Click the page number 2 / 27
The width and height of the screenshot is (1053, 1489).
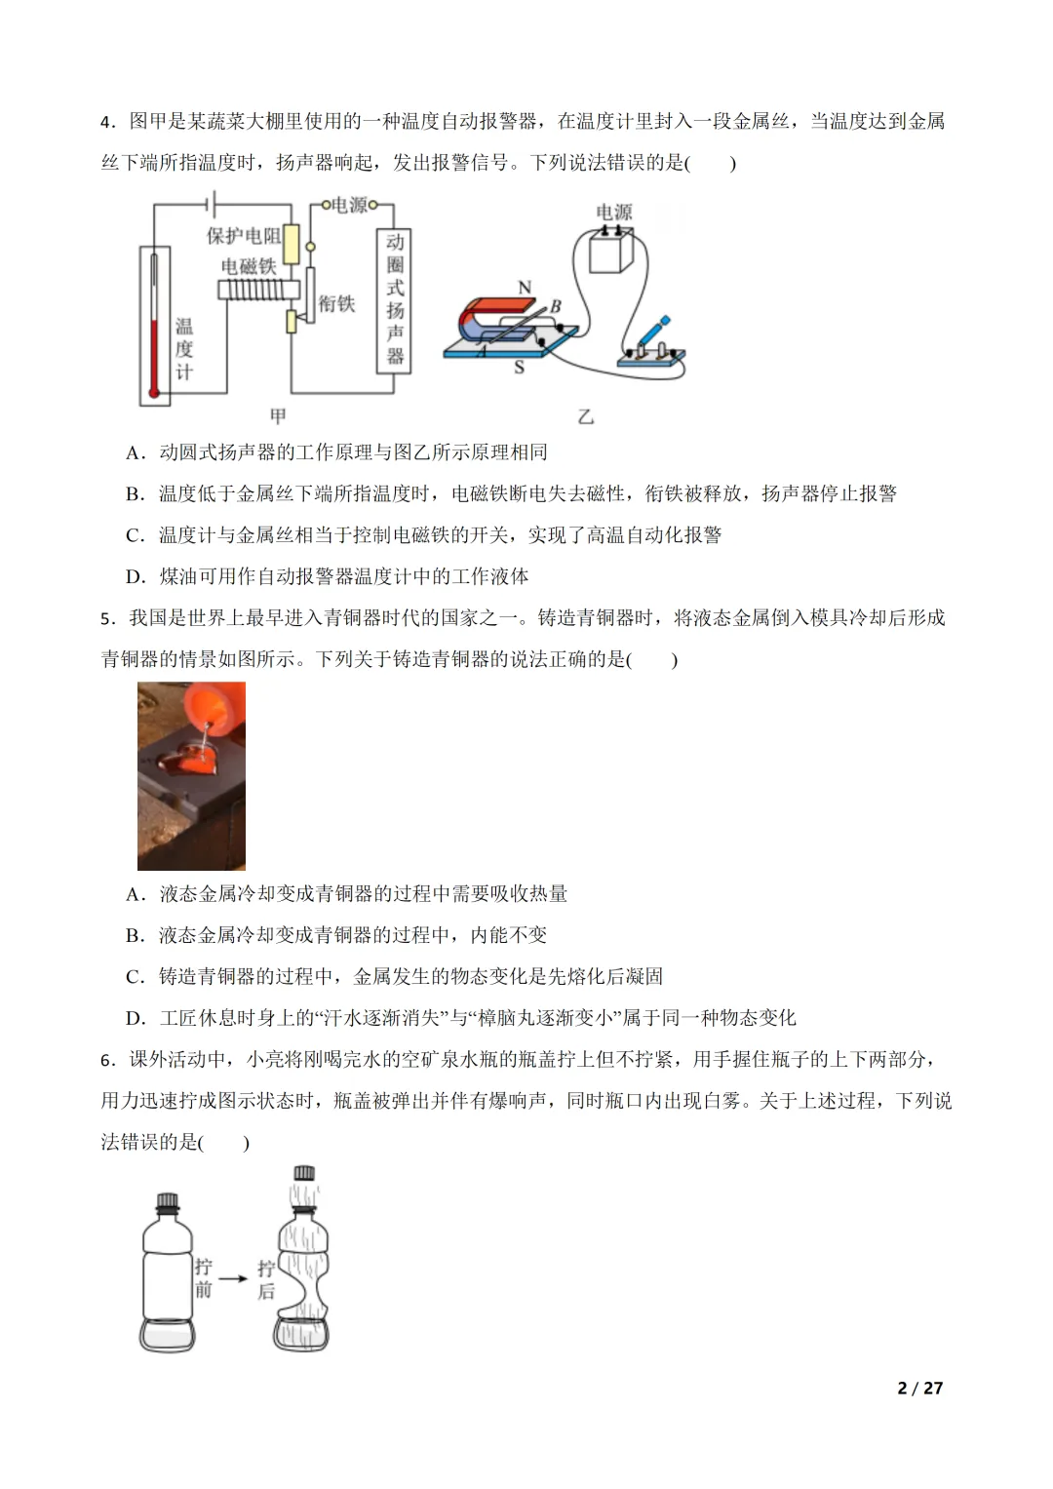[x=919, y=1388]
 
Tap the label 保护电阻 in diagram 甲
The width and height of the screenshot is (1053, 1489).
[x=244, y=236]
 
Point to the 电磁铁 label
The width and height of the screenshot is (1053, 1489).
[x=249, y=266]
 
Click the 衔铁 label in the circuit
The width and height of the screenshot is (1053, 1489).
[x=337, y=303]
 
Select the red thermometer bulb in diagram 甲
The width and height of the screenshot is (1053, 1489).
[x=153, y=394]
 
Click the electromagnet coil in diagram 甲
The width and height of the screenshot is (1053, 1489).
[x=253, y=290]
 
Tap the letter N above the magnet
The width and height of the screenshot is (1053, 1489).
[x=525, y=288]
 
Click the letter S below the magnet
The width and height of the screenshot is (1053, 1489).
[x=519, y=368]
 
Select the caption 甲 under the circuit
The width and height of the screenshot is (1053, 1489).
[x=278, y=416]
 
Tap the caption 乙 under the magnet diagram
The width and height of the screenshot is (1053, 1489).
[x=585, y=416]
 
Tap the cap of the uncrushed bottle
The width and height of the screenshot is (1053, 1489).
[x=168, y=1201]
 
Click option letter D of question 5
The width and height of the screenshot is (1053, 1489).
[x=136, y=1018]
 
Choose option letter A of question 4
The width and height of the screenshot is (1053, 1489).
[x=136, y=452]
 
